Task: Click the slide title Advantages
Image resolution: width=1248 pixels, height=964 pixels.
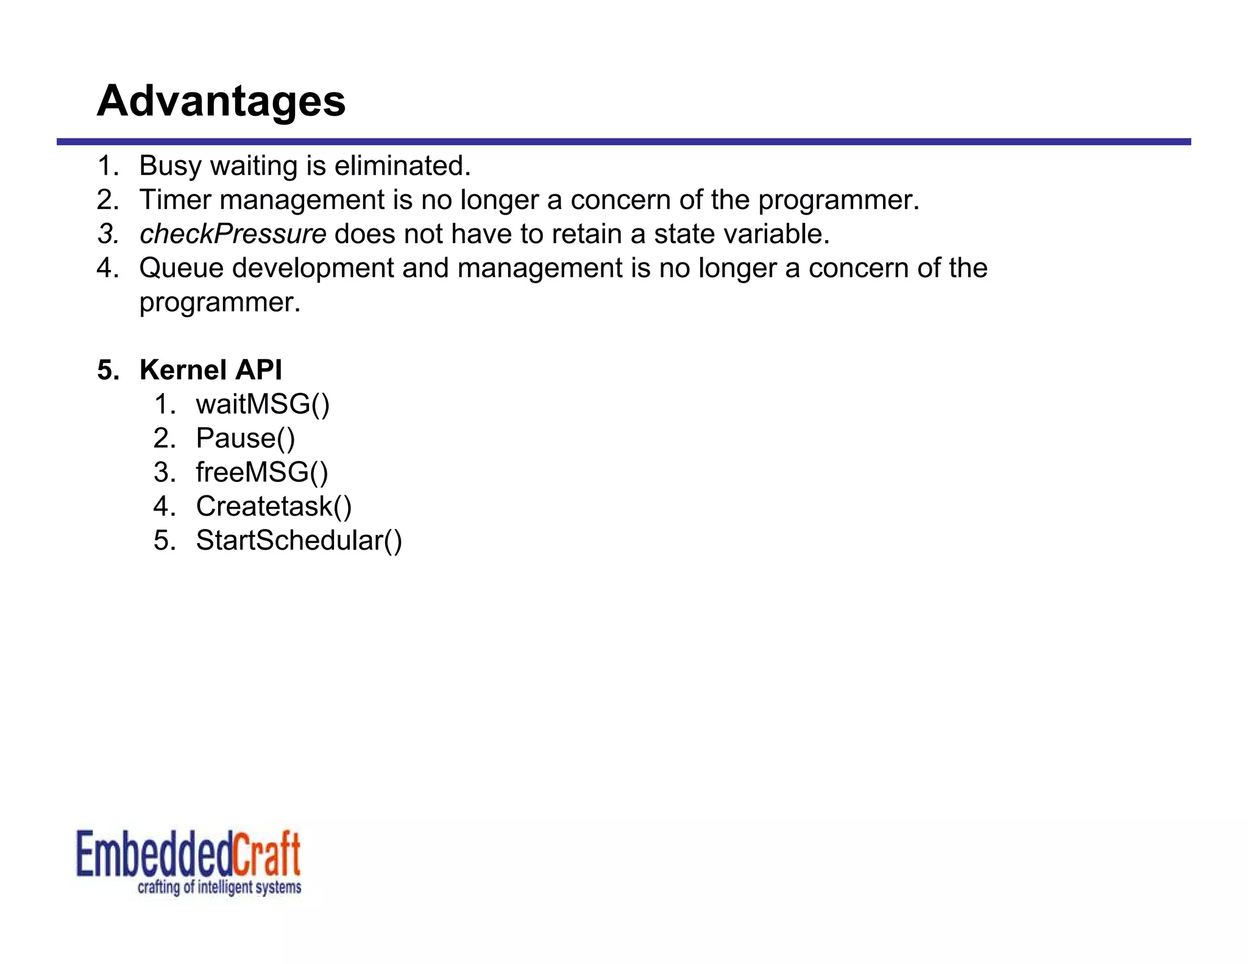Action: click(221, 101)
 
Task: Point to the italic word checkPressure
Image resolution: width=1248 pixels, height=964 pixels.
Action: click(233, 234)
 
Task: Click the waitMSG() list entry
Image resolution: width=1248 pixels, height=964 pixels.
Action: click(262, 404)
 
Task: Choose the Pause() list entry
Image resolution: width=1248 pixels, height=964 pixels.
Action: click(245, 438)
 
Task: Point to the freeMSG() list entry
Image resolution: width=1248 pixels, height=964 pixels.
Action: click(261, 472)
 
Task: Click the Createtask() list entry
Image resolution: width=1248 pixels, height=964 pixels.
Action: click(274, 506)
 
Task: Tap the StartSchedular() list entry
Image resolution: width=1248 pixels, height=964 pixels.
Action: click(299, 540)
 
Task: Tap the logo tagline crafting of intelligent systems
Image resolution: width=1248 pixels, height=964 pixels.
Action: click(219, 887)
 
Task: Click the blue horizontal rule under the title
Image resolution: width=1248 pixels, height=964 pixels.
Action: click(623, 141)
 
